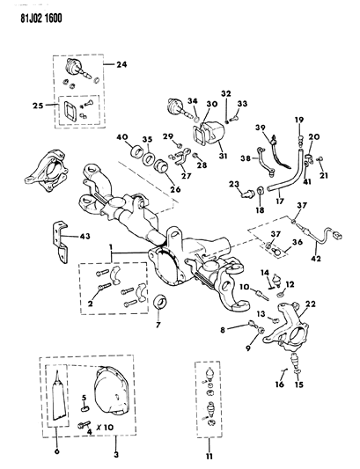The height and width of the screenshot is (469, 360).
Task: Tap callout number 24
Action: pyautogui.click(x=121, y=63)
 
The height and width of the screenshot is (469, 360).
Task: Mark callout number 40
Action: pyautogui.click(x=121, y=138)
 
